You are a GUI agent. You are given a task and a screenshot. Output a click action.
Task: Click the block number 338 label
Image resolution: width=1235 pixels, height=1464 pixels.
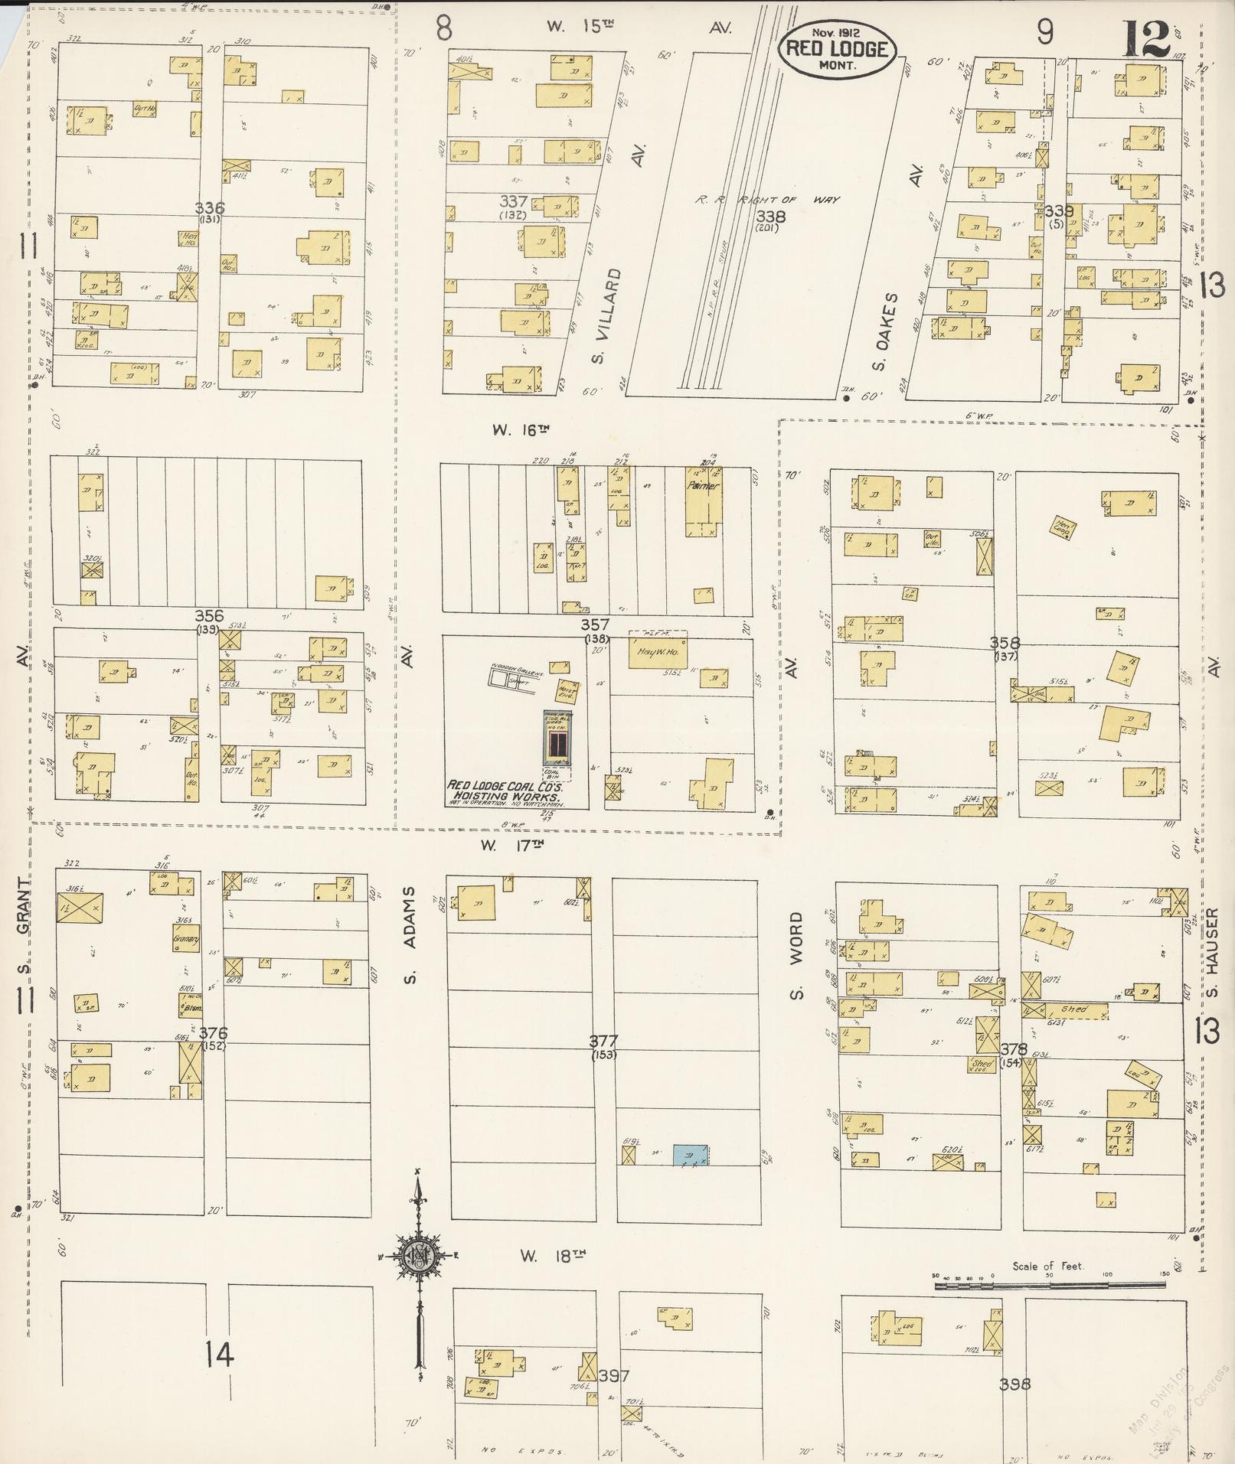768,217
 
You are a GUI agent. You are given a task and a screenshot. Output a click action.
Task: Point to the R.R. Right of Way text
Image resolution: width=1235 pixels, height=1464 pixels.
767,200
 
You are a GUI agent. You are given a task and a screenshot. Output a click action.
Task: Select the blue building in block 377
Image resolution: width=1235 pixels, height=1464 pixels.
690,1155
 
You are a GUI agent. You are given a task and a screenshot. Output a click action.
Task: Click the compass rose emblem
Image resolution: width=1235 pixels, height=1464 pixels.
419,1256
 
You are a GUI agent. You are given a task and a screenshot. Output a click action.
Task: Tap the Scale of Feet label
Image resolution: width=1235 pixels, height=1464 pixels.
1047,1267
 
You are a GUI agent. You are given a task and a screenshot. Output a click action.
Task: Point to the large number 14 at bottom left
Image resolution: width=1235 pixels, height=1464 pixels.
220,1355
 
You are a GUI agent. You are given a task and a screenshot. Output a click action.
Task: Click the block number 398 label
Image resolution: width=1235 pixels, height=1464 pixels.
1015,1384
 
